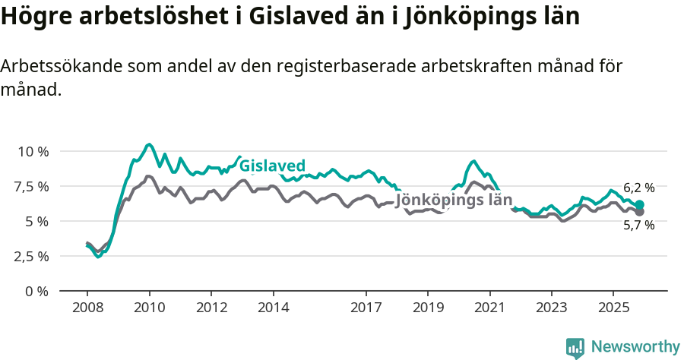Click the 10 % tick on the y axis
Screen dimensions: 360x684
pos(33,151)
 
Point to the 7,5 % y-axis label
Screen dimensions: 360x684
pos(31,186)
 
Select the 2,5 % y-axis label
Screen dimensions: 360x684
pos(31,256)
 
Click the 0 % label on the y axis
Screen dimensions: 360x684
pos(36,291)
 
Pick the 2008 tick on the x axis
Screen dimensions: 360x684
pos(87,308)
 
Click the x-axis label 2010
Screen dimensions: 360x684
pos(150,308)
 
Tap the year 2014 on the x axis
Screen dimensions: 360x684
pos(274,308)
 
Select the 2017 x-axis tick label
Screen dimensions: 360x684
pos(366,308)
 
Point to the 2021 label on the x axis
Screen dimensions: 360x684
pos(489,308)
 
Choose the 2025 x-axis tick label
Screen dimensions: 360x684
pos(613,308)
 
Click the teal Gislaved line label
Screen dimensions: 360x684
pos(272,166)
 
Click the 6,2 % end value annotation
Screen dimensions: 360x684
pos(638,188)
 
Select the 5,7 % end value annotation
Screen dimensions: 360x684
pos(638,226)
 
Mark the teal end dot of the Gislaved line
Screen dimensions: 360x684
pos(640,204)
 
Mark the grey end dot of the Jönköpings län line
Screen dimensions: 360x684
pos(640,212)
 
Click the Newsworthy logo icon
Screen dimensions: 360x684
pos(575,348)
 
